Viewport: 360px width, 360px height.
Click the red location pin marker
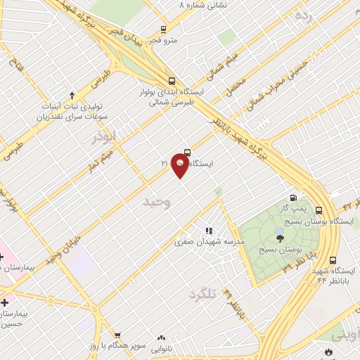pyautogui.click(x=181, y=165)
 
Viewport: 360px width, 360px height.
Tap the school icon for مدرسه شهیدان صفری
pyautogui.click(x=208, y=230)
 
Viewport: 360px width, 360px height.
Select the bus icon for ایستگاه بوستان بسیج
pyautogui.click(x=319, y=210)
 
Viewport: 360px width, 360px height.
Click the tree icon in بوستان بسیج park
pyautogui.click(x=280, y=240)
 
